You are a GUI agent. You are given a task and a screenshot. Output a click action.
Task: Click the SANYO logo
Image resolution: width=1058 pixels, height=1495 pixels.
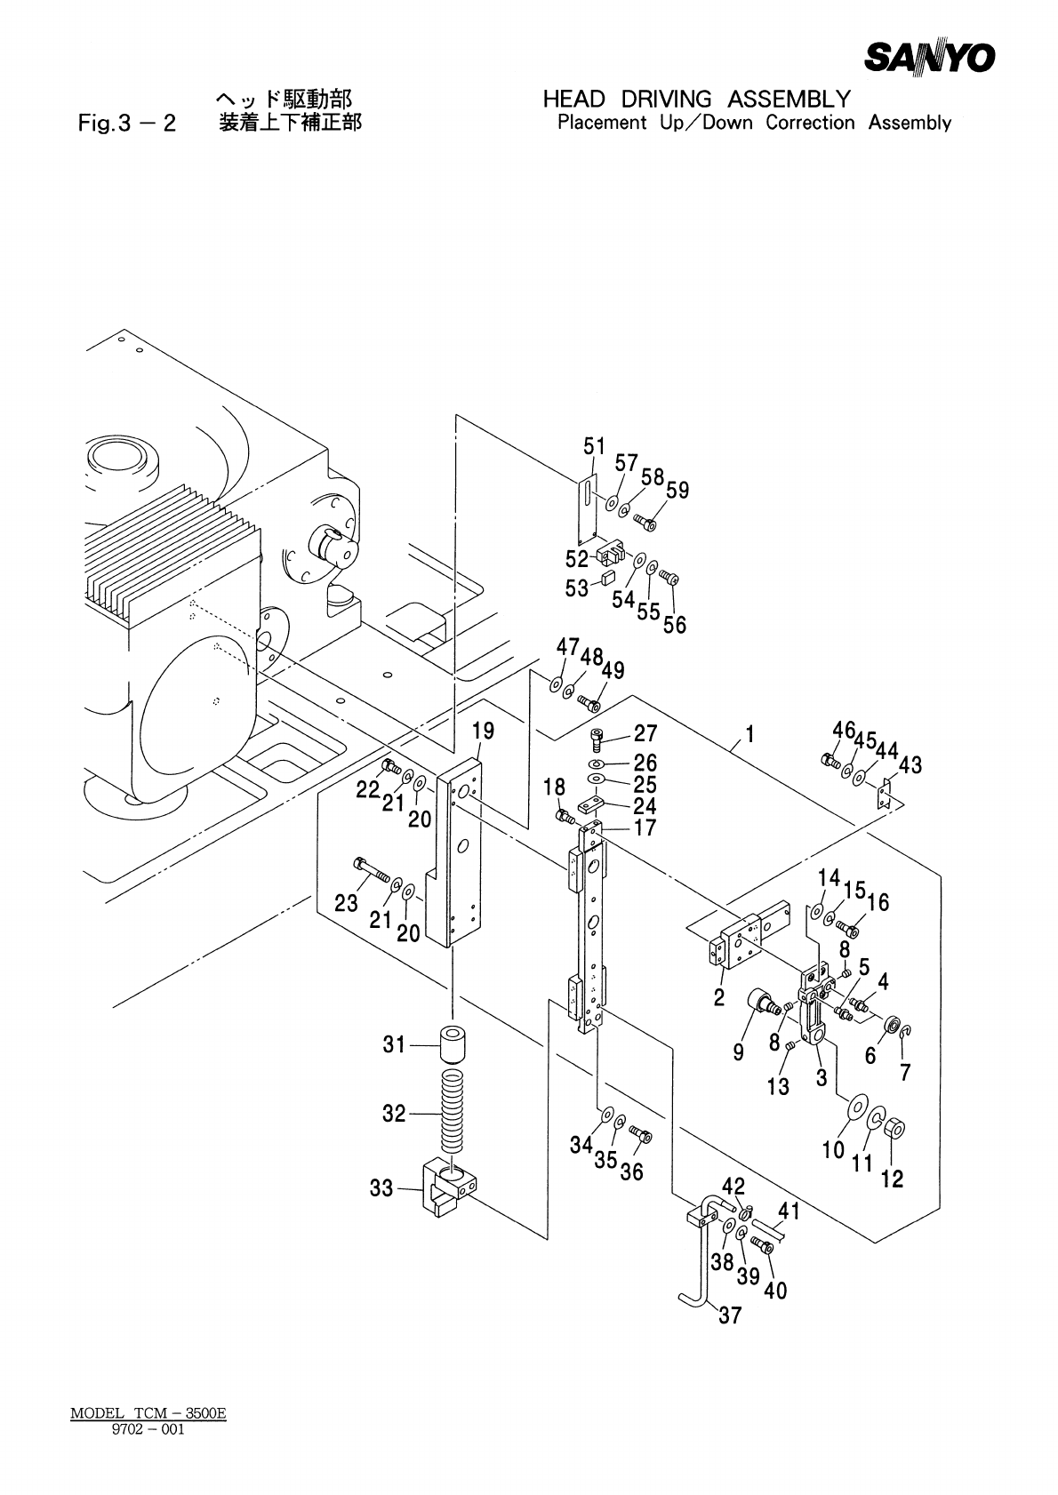point(930,57)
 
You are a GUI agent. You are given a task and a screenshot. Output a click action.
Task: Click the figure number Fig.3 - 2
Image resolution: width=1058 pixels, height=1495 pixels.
point(127,124)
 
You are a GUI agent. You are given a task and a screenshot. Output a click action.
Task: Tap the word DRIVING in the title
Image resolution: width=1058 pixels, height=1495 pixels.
point(666,100)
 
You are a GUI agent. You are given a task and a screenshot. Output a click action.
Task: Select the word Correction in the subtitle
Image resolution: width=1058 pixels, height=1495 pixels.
point(810,123)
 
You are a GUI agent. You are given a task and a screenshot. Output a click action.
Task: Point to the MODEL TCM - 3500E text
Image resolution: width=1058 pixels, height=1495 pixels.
point(148,1413)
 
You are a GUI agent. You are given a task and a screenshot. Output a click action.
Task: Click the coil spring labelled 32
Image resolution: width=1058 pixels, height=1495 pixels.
point(453,1111)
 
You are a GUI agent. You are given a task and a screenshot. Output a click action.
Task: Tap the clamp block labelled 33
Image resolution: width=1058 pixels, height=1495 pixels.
point(451,1187)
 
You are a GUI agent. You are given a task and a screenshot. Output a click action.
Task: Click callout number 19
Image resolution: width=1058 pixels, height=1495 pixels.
point(483,731)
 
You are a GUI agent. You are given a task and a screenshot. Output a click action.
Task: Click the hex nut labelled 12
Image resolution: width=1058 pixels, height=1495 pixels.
point(894,1130)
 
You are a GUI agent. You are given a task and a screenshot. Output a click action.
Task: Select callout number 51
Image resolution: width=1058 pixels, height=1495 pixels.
point(594,446)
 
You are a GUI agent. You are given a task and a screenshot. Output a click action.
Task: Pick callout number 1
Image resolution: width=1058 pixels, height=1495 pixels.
point(749,735)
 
